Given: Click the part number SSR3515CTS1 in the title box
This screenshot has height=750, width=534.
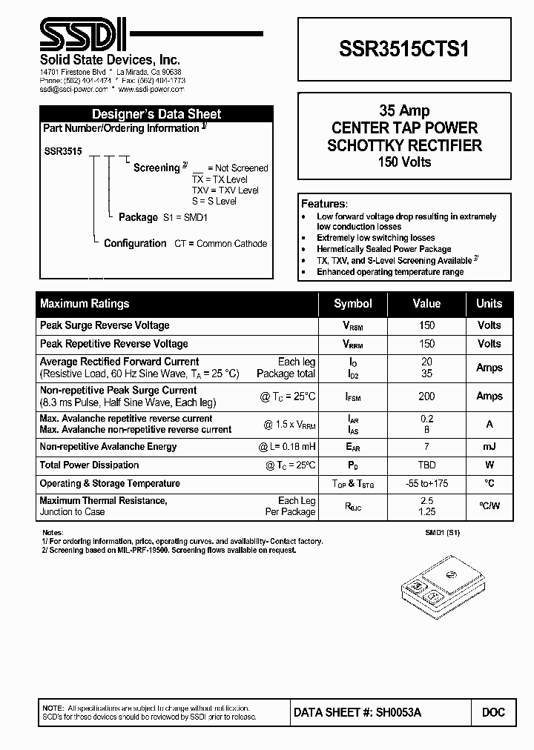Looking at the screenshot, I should (403, 49).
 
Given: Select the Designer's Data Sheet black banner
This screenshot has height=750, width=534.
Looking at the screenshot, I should (156, 114).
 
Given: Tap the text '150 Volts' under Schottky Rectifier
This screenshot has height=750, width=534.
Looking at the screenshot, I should (404, 162).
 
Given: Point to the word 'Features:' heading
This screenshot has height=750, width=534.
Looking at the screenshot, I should (323, 204).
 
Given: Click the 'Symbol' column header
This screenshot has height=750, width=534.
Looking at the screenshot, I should (353, 304).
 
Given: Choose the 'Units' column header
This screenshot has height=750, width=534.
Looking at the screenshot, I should (489, 304).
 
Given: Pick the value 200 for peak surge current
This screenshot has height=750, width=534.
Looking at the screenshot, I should (426, 396).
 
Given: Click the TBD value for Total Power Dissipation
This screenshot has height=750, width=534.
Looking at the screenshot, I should (426, 465).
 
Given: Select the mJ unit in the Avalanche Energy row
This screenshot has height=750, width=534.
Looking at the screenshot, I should (489, 447).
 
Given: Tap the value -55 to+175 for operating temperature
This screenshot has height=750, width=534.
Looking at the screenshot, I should (426, 484).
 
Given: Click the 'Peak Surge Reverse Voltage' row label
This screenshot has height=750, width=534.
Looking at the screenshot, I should (105, 325).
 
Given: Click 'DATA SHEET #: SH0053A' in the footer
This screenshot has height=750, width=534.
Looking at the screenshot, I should (358, 712).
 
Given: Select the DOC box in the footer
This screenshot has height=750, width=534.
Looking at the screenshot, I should (493, 712).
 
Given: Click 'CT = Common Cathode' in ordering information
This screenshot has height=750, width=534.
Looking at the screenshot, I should (220, 244).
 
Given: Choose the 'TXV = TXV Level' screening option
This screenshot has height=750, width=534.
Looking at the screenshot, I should (225, 190).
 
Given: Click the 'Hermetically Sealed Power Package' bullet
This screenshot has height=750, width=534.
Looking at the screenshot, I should (384, 250).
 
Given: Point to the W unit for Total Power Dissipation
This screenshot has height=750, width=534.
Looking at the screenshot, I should (489, 465).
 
